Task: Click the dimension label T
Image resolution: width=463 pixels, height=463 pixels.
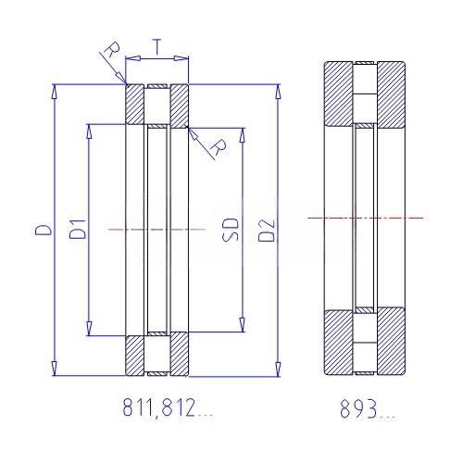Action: click(157, 47)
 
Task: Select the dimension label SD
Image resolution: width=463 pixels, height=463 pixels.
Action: click(231, 230)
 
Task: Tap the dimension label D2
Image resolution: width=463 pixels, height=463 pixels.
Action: click(267, 231)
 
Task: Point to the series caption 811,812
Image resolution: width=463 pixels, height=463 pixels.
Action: click(158, 407)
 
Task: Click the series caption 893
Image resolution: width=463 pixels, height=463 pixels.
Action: click(358, 408)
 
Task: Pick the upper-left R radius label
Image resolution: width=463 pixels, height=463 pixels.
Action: click(112, 49)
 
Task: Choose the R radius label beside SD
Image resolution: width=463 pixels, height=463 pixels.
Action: click(219, 147)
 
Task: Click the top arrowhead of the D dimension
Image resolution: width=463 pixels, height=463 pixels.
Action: click(55, 92)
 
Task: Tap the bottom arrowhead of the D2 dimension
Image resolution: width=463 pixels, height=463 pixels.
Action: click(278, 369)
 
